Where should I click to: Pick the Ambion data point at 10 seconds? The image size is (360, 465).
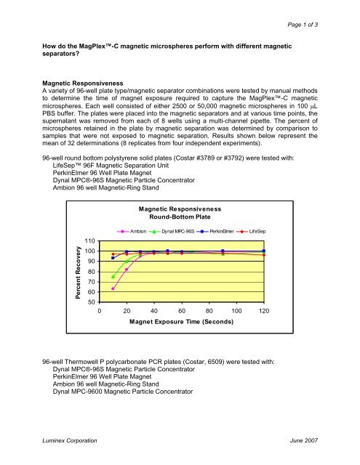click(113, 288)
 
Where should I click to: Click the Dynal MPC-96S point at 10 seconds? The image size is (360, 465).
click(113, 276)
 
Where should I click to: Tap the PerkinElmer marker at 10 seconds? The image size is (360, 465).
click(113, 258)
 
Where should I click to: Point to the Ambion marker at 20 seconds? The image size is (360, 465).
click(127, 270)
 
